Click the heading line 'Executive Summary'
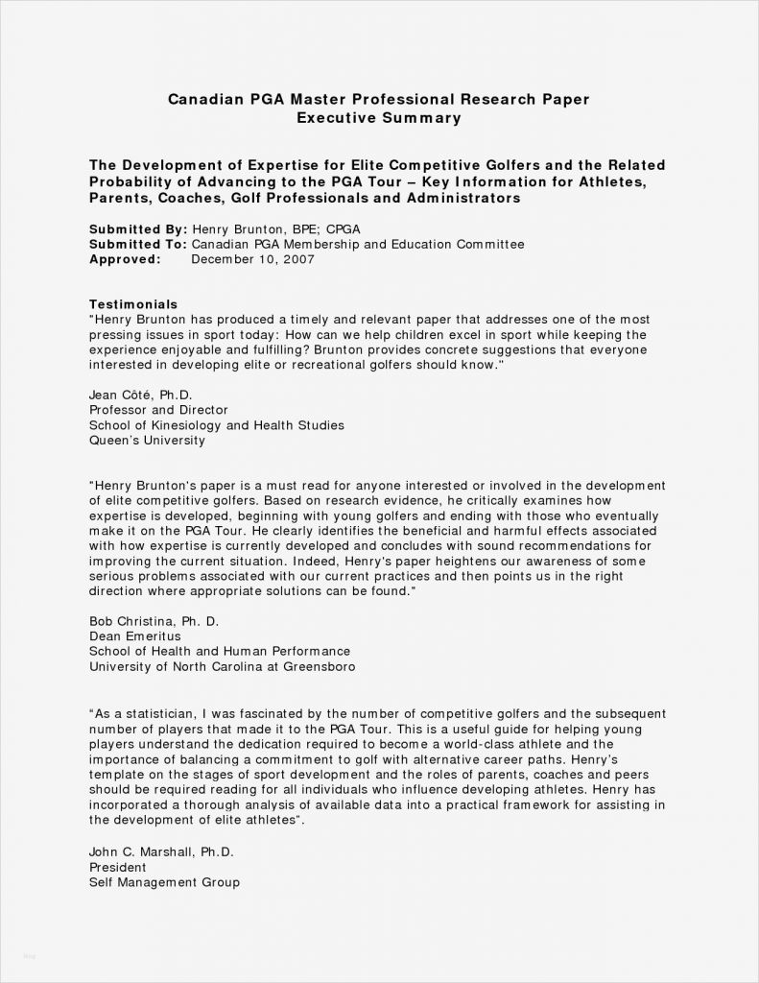pyautogui.click(x=379, y=118)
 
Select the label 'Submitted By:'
pyautogui.click(x=137, y=230)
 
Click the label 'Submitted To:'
pyautogui.click(x=137, y=245)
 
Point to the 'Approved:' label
pyautogui.click(x=125, y=259)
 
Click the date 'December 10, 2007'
pyautogui.click(x=252, y=259)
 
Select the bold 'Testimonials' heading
pyautogui.click(x=133, y=304)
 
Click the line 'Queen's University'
pyautogui.click(x=147, y=441)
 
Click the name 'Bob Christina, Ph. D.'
pyautogui.click(x=154, y=620)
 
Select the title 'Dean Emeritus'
pyautogui.click(x=134, y=635)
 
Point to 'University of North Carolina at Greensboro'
pyautogui.click(x=222, y=666)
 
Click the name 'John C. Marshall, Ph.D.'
pyautogui.click(x=161, y=851)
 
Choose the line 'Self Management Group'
pyautogui.click(x=164, y=882)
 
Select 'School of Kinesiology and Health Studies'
pyautogui.click(x=216, y=425)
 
